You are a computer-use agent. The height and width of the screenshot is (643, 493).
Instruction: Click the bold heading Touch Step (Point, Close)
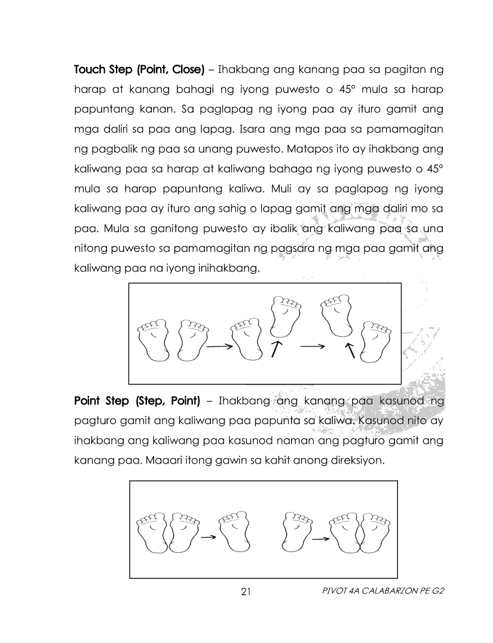(139, 70)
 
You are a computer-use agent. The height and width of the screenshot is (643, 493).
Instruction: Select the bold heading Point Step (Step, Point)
(137, 401)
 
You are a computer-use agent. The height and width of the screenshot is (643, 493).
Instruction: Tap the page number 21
(246, 592)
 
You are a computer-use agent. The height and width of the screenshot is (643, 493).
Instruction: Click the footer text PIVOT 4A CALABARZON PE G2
(383, 591)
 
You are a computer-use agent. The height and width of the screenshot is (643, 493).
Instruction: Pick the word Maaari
(164, 461)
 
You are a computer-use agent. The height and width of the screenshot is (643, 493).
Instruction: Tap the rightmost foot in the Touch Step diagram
(375, 342)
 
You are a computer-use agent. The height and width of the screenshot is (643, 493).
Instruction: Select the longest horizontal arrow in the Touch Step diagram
(220, 347)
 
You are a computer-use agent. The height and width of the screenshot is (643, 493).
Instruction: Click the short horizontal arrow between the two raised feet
(313, 347)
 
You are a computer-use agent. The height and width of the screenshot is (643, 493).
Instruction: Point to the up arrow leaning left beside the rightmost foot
(350, 351)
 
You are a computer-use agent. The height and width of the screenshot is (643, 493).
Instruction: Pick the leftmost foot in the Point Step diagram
(152, 532)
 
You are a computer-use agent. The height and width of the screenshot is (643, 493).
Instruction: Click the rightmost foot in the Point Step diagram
(375, 532)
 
